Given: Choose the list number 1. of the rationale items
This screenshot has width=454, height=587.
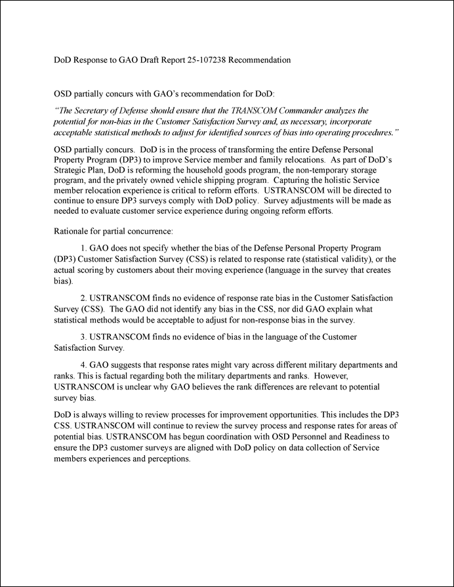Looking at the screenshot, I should tap(83, 250).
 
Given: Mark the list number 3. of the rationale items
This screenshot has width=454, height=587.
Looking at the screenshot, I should tap(83, 336).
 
